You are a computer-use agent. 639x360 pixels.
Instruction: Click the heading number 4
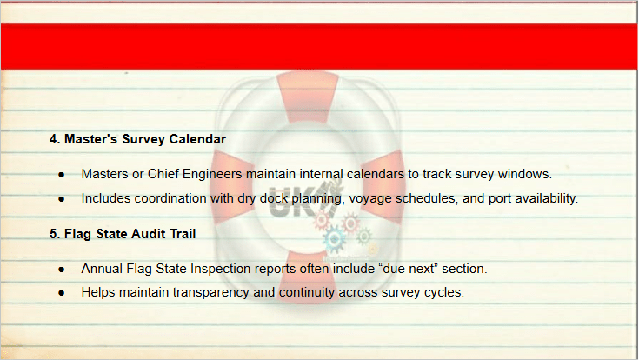(x=55, y=139)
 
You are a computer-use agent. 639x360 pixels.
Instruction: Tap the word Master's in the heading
(x=91, y=139)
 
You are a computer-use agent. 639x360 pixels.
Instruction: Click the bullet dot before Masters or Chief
(x=62, y=175)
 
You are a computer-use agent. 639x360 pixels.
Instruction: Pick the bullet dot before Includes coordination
(x=62, y=199)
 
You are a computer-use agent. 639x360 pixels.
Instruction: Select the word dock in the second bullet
(x=274, y=198)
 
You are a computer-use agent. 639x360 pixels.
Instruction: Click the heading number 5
(x=55, y=234)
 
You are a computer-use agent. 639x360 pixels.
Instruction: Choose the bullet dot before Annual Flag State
(x=62, y=270)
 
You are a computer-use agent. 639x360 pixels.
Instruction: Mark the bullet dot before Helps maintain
(x=62, y=293)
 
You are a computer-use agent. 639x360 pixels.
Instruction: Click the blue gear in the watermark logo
(x=334, y=239)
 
